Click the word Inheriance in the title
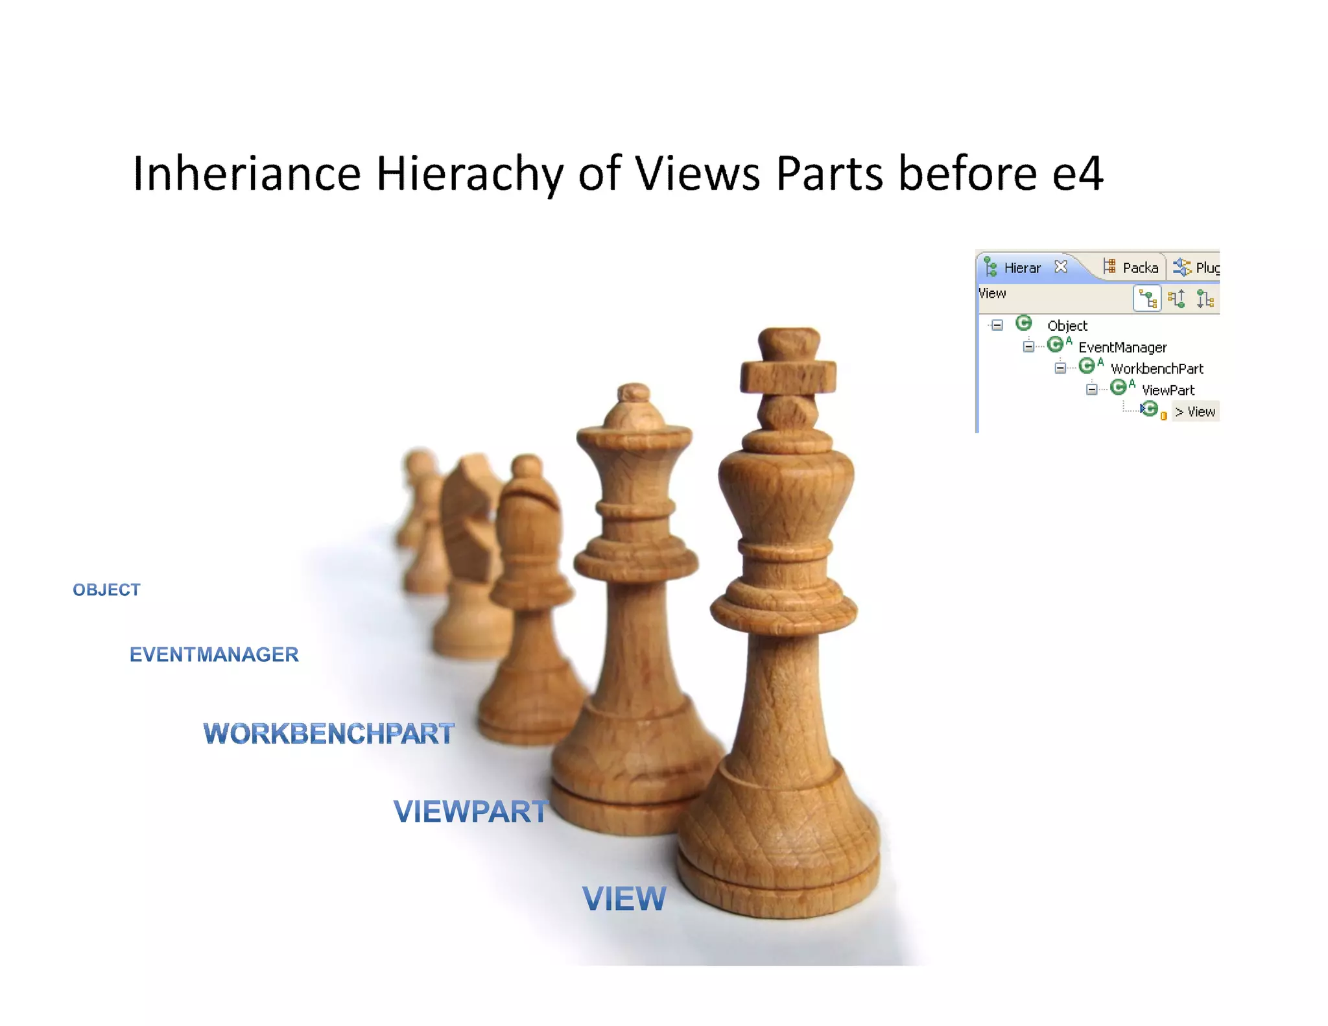pos(246,174)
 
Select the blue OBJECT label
pos(106,590)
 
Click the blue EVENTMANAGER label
pos(214,654)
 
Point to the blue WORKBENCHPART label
pos(329,734)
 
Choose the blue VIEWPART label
pos(471,811)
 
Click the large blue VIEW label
pos(624,898)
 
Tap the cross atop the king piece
pos(788,363)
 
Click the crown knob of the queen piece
pos(634,393)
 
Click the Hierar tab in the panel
pos(1022,268)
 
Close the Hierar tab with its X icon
pos(1061,267)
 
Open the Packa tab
pos(1139,268)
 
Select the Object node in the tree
pos(1067,326)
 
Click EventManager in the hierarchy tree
pos(1122,348)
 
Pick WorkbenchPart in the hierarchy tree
pos(1157,369)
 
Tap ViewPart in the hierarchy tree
pos(1168,390)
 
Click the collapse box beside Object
pos(997,325)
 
